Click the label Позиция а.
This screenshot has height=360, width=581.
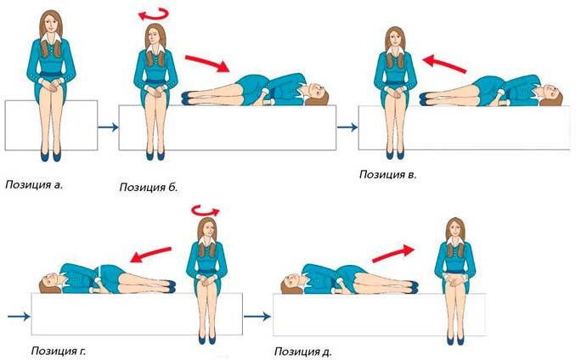tap(34, 185)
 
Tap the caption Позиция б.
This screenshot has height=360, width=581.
tap(149, 187)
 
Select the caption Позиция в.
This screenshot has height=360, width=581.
tap(388, 174)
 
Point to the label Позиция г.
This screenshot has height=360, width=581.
tap(59, 351)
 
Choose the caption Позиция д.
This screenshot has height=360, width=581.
tap(303, 352)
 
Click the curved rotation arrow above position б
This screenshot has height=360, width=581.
tap(154, 14)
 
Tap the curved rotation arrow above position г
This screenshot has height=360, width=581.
tap(206, 210)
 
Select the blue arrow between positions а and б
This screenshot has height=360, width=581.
tap(108, 127)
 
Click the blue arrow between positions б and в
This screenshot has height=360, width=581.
tap(347, 127)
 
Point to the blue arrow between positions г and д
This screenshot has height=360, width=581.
tap(257, 317)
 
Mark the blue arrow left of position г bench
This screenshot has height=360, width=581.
tap(19, 317)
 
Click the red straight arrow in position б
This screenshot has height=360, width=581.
tap(207, 63)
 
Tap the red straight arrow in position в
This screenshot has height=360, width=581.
tap(444, 64)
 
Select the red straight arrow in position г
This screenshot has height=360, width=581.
tap(151, 255)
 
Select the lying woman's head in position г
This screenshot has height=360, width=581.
tap(50, 283)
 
